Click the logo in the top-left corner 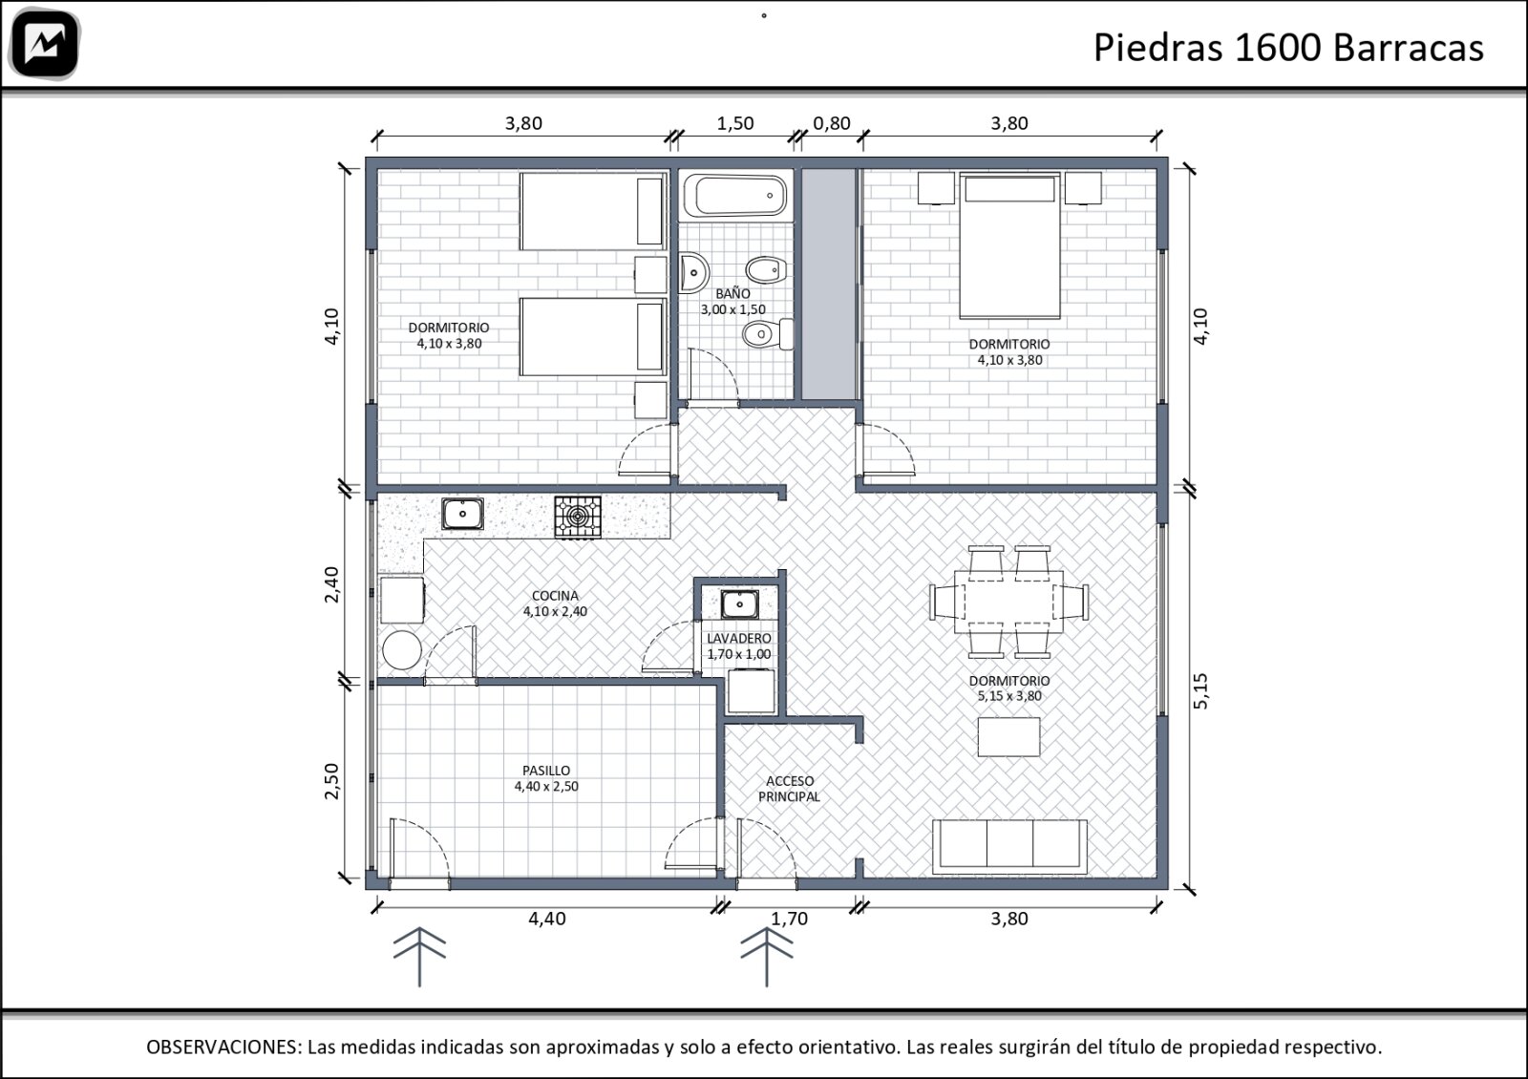pyautogui.click(x=45, y=43)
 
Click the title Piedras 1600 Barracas pyautogui.click(x=1288, y=49)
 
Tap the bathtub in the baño pyautogui.click(x=735, y=196)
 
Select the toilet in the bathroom pyautogui.click(x=768, y=334)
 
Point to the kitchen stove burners pyautogui.click(x=578, y=517)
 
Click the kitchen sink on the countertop pyautogui.click(x=462, y=514)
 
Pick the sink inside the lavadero pyautogui.click(x=739, y=604)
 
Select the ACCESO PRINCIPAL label pyautogui.click(x=789, y=789)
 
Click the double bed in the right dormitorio pyautogui.click(x=1009, y=245)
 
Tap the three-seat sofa pyautogui.click(x=1009, y=846)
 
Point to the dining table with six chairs pyautogui.click(x=1009, y=602)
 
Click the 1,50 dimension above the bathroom pyautogui.click(x=735, y=123)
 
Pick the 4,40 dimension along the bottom pyautogui.click(x=547, y=919)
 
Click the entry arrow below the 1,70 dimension pyautogui.click(x=767, y=957)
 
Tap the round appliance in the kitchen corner pyautogui.click(x=402, y=650)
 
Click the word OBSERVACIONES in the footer pyautogui.click(x=223, y=1047)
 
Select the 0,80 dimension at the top pyautogui.click(x=832, y=123)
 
